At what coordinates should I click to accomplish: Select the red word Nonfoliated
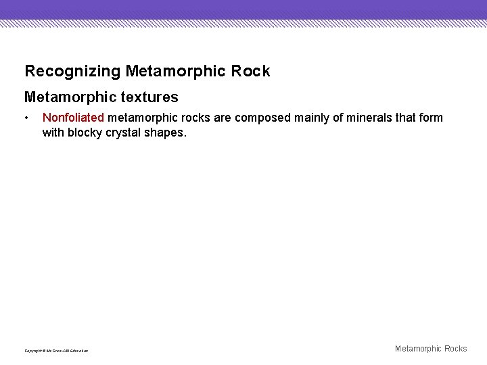[73, 118]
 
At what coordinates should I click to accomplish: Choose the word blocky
[85, 132]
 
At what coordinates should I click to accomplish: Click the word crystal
[124, 132]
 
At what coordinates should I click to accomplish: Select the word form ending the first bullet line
[432, 118]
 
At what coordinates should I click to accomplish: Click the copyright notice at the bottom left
[56, 350]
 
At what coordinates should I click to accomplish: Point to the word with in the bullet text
[53, 132]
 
